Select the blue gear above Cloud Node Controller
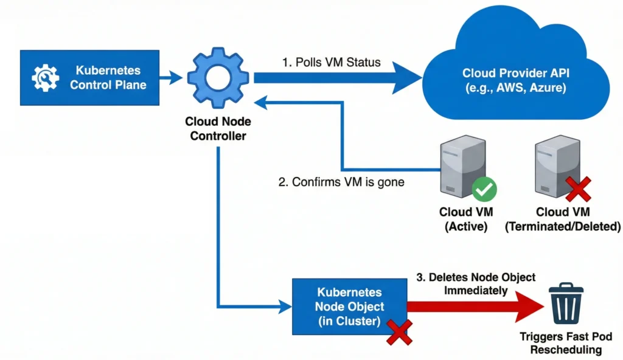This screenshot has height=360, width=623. [x=218, y=77]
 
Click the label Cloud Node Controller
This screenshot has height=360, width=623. [x=218, y=129]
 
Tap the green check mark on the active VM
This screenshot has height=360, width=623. [x=484, y=189]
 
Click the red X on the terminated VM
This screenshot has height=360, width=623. [x=578, y=189]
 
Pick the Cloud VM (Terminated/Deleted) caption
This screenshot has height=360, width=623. [x=563, y=220]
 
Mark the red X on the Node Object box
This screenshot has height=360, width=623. [x=399, y=331]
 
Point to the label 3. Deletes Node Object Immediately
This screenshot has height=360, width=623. [x=476, y=284]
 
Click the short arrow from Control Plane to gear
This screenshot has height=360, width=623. [x=170, y=77]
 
